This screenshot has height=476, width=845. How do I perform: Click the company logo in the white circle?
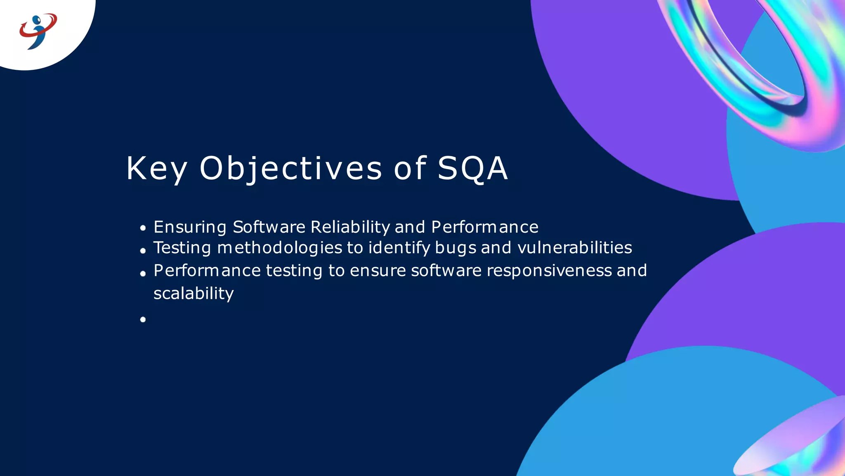38,31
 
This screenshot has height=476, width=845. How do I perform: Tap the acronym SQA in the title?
472,169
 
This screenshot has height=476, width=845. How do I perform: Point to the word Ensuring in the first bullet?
190,227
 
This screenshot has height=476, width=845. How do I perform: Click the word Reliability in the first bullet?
350,227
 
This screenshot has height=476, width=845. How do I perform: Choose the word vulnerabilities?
574,248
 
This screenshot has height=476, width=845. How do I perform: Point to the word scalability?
194,293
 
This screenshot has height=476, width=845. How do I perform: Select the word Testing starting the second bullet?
182,248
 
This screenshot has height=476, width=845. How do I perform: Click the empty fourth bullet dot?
143,319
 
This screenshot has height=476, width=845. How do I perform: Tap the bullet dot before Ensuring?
143,228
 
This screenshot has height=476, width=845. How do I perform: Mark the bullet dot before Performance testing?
143,274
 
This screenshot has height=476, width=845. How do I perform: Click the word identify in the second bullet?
399,248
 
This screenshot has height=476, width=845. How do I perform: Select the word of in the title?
410,169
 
